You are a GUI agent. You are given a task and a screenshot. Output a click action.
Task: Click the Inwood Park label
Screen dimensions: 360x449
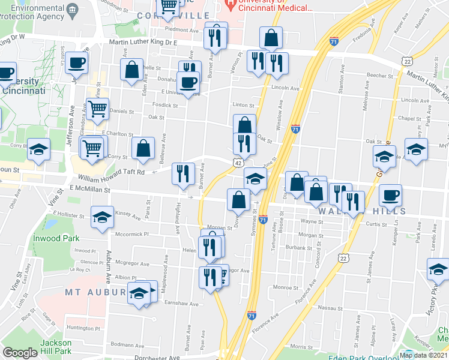pyautogui.click(x=62, y=238)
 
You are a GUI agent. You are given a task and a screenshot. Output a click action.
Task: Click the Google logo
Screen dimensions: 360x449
pyautogui.click(x=20, y=353)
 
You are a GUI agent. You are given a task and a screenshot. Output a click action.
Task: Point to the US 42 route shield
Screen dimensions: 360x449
pyautogui.click(x=238, y=163)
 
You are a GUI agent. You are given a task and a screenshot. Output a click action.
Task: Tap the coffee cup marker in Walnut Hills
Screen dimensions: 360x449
pyautogui.click(x=390, y=194)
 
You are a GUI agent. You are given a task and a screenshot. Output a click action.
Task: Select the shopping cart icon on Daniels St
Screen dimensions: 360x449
pyautogui.click(x=97, y=109)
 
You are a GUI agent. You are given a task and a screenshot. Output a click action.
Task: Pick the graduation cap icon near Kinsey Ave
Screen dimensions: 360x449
pyautogui.click(x=102, y=217)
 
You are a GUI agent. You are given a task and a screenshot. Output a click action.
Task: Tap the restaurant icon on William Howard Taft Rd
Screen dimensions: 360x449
pyautogui.click(x=183, y=173)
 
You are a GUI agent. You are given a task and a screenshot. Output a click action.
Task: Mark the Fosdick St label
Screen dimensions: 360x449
pyautogui.click(x=165, y=105)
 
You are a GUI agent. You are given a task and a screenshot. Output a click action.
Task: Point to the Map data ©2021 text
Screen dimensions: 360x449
pyautogui.click(x=424, y=355)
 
